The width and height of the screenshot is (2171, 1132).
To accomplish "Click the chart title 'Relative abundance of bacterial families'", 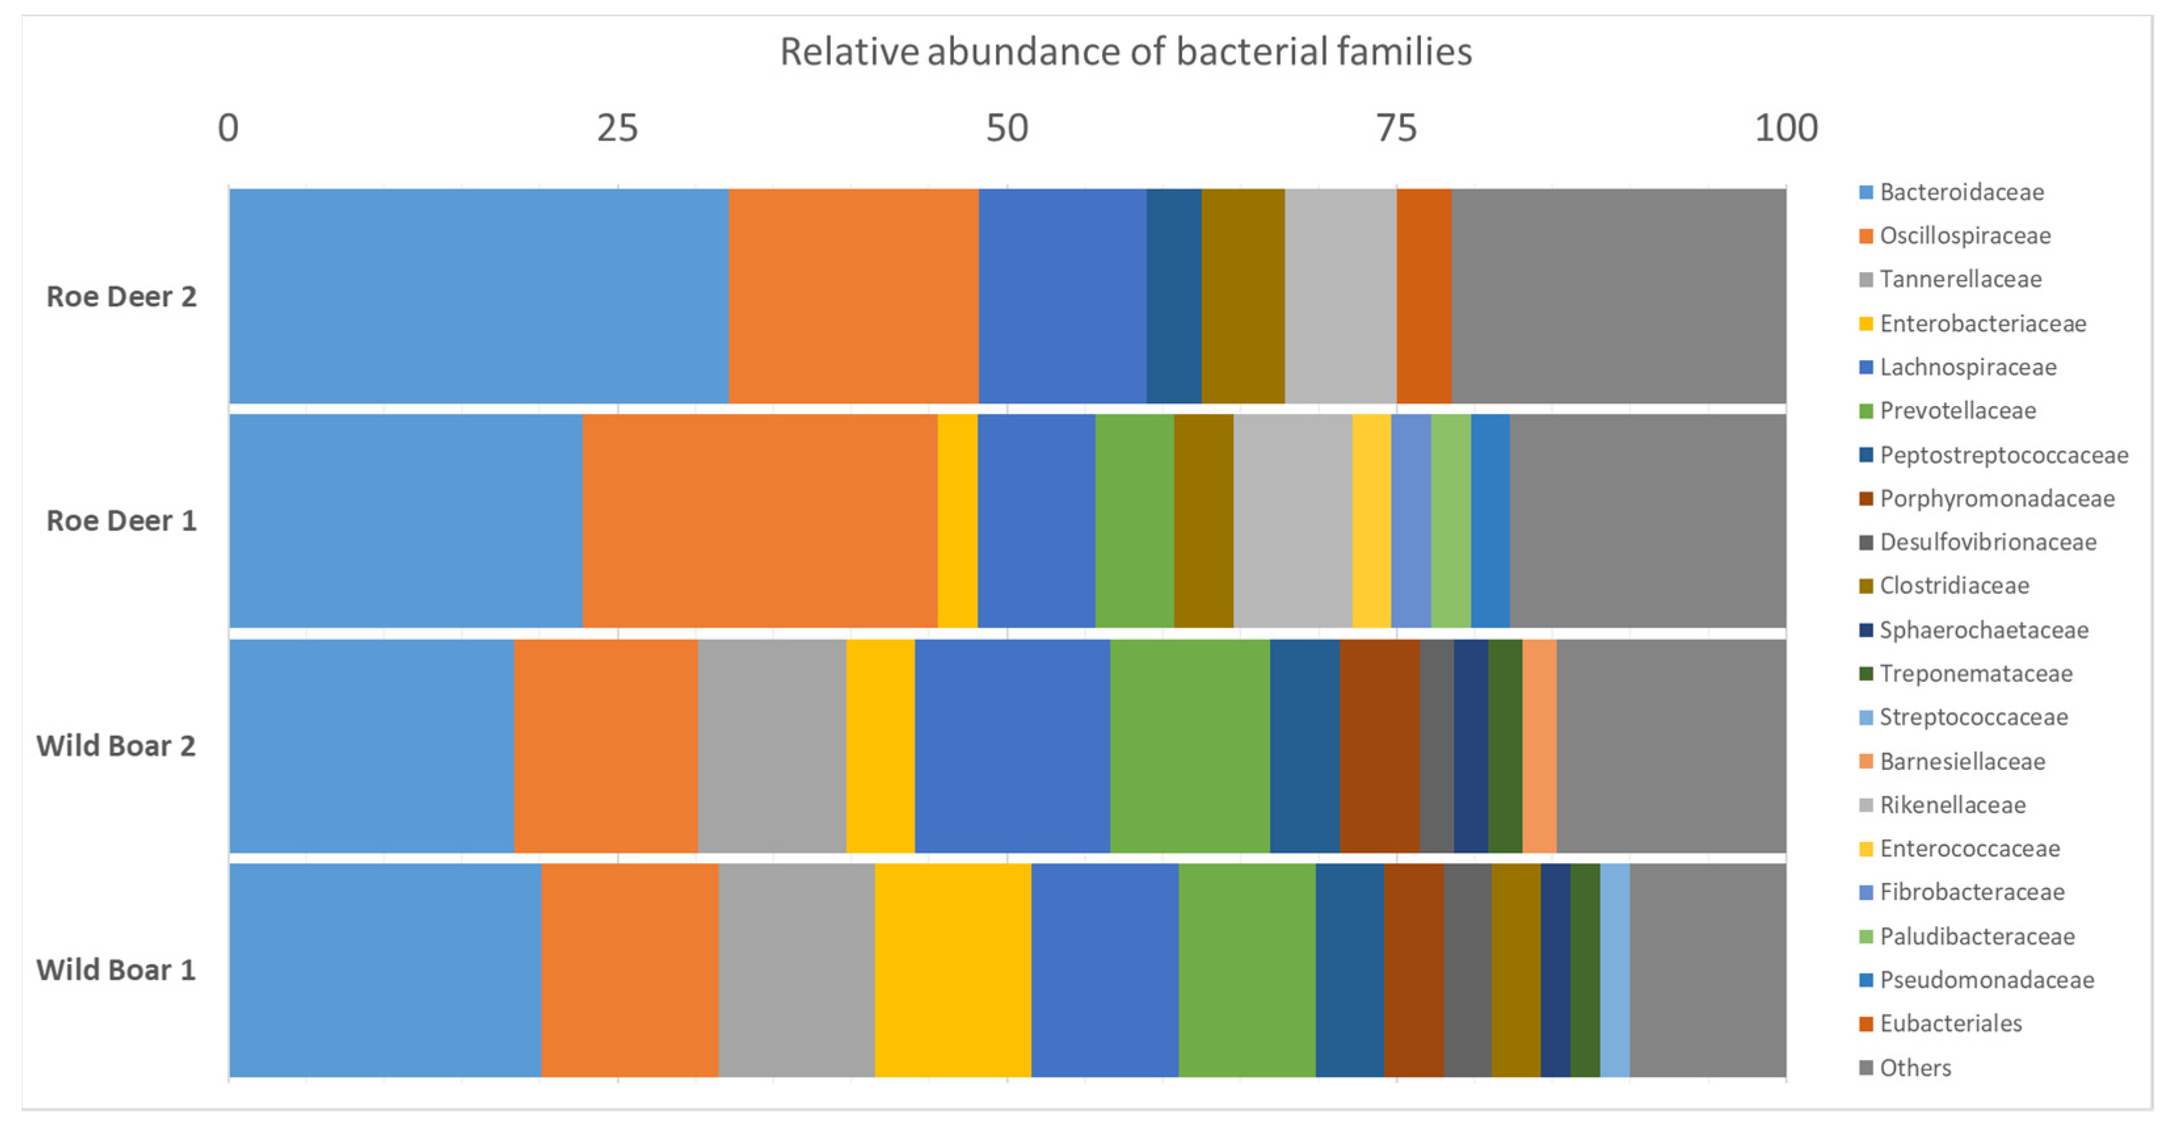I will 1125,52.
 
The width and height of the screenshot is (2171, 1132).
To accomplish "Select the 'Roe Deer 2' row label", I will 121,296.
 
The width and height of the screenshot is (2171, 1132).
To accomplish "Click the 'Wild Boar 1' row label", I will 116,970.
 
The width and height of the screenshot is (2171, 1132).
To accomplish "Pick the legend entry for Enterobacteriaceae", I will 1982,324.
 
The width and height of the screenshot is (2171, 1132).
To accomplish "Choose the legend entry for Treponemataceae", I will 1976,674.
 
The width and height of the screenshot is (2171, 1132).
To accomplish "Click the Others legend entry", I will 1915,1068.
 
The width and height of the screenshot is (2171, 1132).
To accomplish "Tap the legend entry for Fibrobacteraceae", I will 1971,893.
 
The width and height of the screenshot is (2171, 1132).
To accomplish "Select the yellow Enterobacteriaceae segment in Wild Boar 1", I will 952,970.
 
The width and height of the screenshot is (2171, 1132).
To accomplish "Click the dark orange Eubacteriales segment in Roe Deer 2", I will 1424,296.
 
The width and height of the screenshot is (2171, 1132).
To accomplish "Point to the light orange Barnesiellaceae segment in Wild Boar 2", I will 1539,746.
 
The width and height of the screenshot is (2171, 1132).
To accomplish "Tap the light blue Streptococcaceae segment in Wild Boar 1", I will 1615,970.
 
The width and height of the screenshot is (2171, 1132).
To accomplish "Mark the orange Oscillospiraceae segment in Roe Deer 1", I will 759,521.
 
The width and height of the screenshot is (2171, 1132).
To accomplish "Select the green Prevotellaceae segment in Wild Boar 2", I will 1190,746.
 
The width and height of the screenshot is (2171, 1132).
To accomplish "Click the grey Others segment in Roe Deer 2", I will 1618,296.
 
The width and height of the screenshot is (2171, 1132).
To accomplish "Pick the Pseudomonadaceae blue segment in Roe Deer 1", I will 1490,521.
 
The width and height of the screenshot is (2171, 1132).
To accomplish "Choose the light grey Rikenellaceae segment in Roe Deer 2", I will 1340,296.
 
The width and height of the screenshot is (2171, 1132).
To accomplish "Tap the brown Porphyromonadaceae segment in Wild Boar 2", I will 1380,746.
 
